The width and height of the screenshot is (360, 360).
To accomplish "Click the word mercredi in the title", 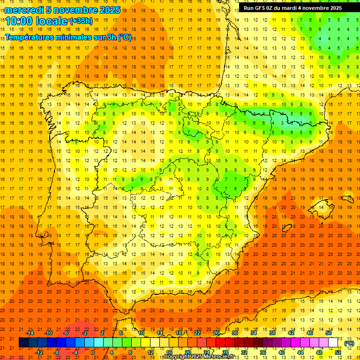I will (24, 10).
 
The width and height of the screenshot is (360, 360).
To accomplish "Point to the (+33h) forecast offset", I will (81, 21).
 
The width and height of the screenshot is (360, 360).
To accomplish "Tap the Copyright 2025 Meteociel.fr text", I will (199, 357).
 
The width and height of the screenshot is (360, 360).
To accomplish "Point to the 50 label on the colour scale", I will (329, 333).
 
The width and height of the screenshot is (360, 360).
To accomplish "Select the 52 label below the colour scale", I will (338, 352).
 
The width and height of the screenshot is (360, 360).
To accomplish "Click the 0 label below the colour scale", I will (93, 352).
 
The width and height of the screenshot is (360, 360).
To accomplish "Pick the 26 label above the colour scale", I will (216, 333).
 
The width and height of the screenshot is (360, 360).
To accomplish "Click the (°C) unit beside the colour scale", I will (349, 343).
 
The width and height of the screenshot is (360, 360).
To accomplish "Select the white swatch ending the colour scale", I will (333, 343).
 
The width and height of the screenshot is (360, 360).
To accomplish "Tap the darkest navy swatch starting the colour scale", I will (23, 343).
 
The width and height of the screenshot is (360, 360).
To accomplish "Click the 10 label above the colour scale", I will (141, 333).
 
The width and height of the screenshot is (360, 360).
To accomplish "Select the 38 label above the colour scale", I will (272, 333).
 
